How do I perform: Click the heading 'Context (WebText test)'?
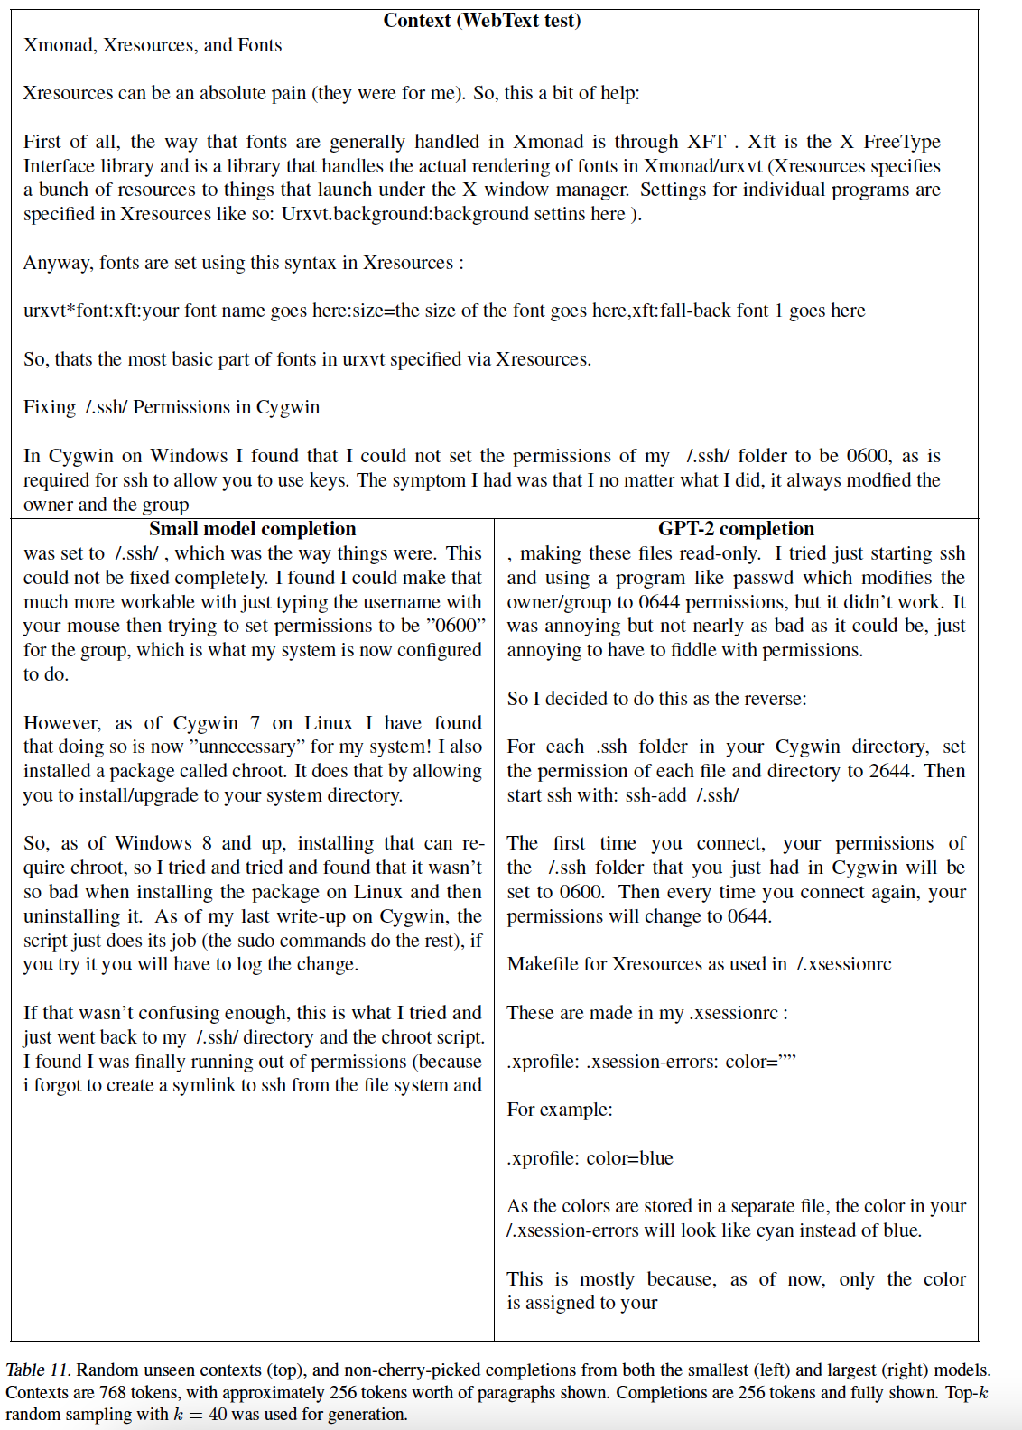tap(482, 21)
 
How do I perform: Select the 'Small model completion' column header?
tap(252, 529)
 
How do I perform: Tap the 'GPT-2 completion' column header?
tap(736, 529)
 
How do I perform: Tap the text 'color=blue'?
tap(629, 1158)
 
